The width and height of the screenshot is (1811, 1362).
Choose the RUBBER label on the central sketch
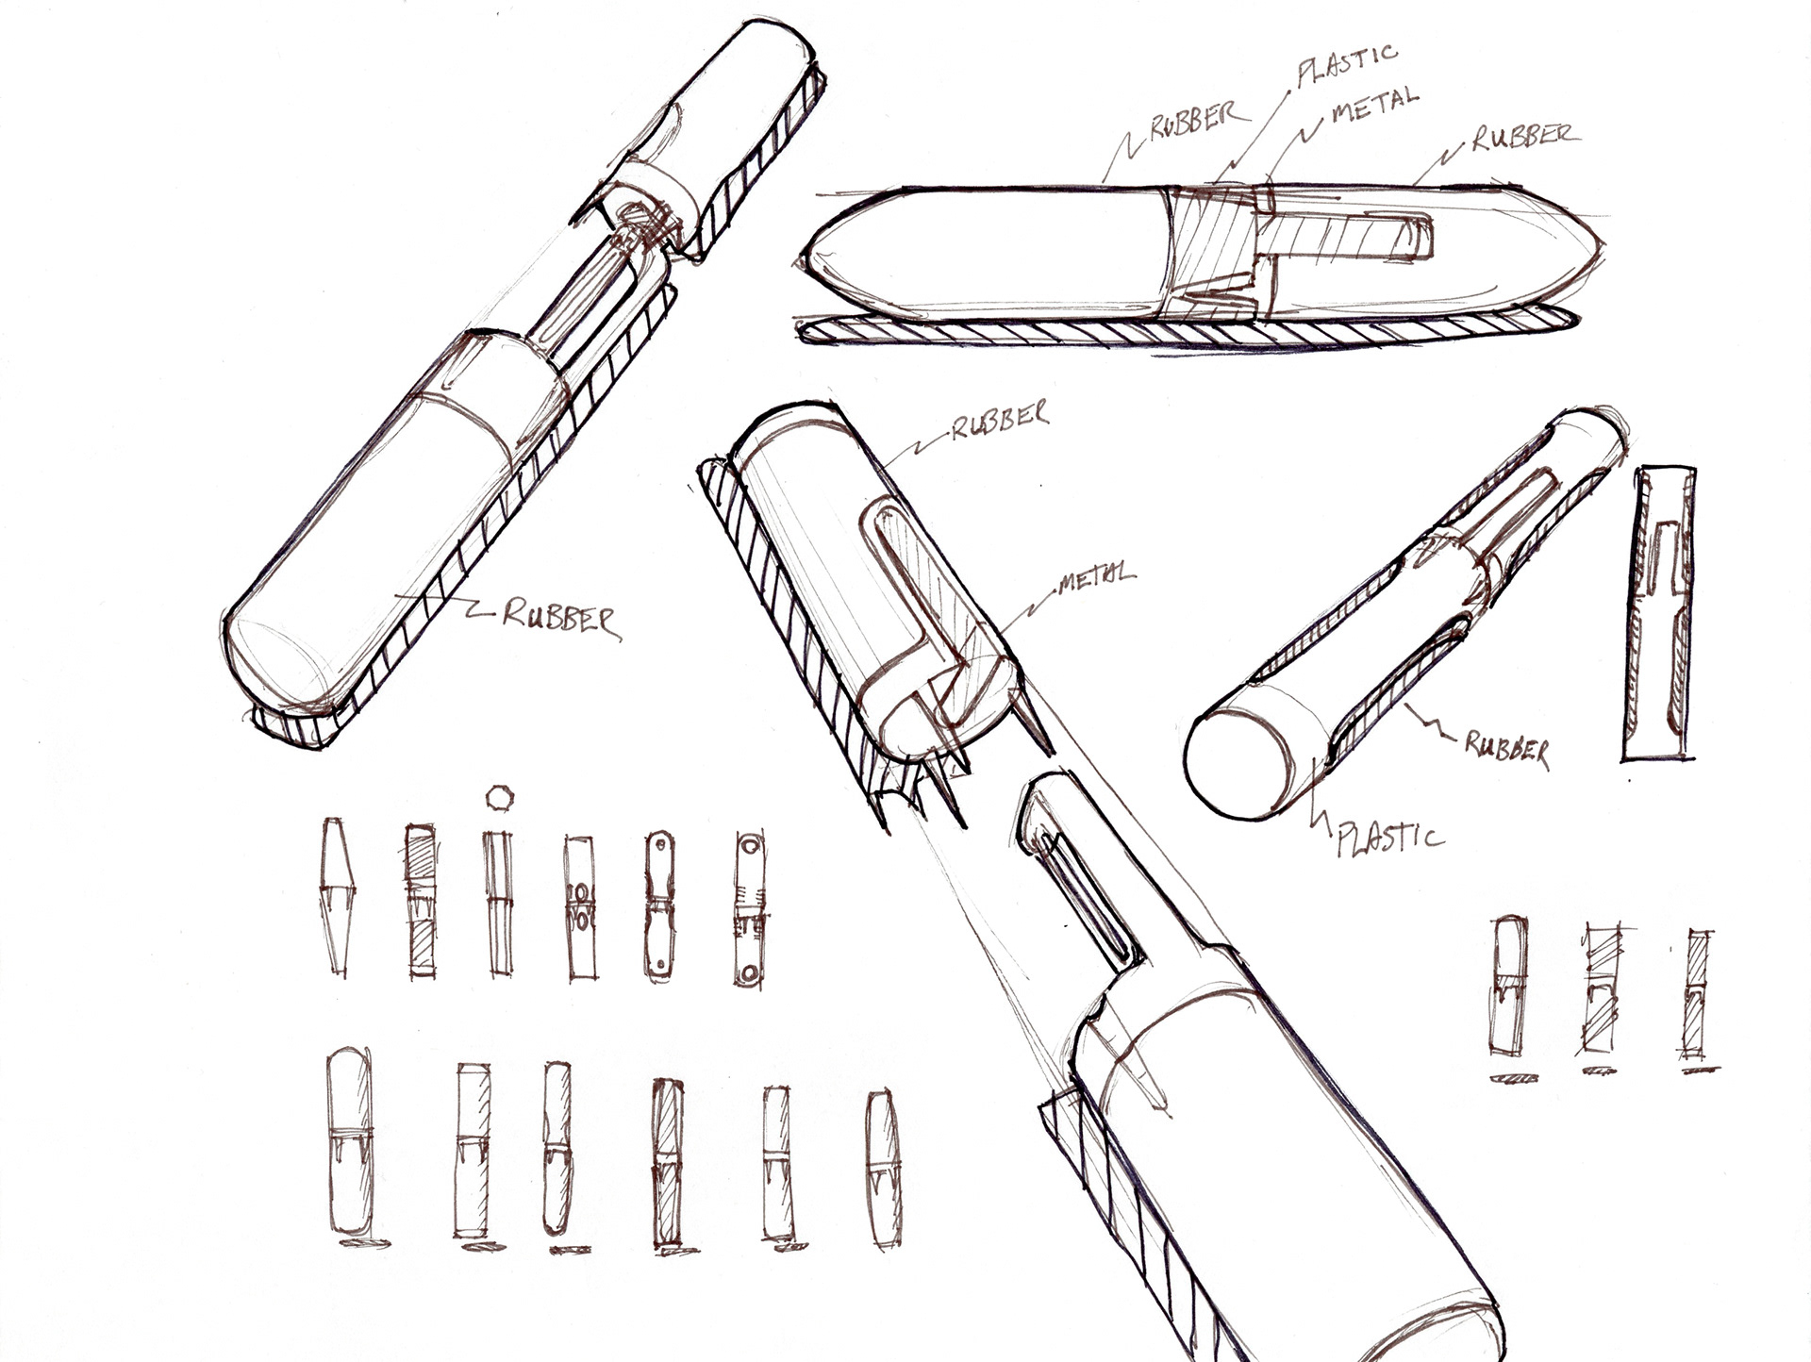coord(999,420)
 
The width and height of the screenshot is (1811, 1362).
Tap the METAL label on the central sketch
coord(1096,576)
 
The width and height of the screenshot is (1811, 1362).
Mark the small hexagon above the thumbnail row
coord(497,798)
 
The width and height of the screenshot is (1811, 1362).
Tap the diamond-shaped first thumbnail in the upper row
coord(337,895)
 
